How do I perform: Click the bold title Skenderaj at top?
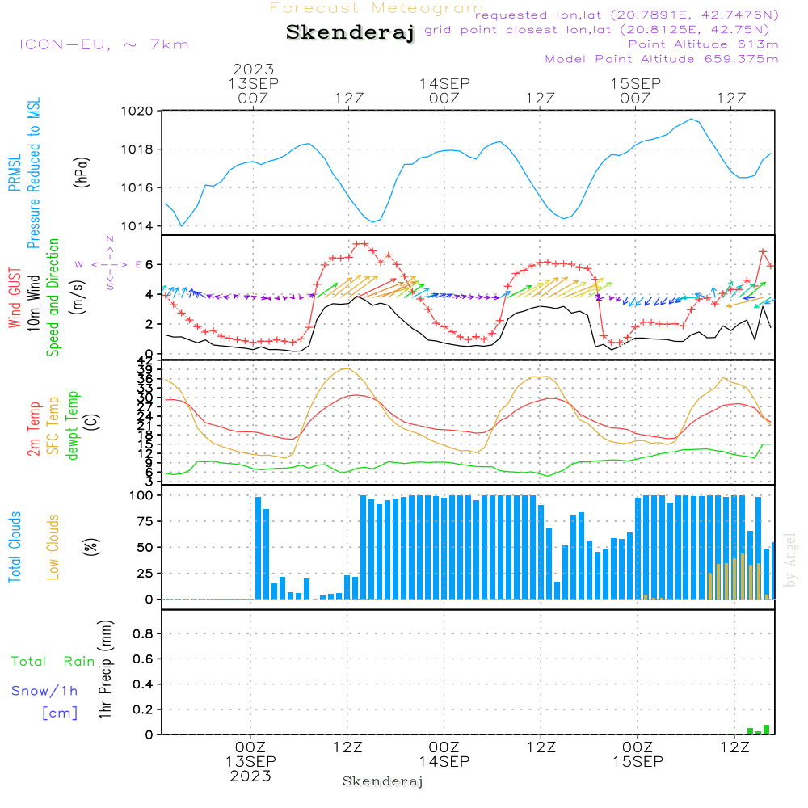350,32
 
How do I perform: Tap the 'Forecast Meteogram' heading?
377,8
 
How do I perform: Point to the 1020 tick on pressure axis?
137,111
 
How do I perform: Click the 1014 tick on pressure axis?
137,226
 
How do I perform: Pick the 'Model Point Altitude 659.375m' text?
662,58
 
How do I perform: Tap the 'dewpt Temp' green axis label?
73,426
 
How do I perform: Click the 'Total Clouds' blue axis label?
15,547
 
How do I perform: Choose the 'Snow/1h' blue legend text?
44,691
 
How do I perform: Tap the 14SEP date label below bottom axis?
444,762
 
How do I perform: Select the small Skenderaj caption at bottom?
383,781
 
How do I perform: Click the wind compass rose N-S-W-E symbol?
109,264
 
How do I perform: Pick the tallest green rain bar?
766,729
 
